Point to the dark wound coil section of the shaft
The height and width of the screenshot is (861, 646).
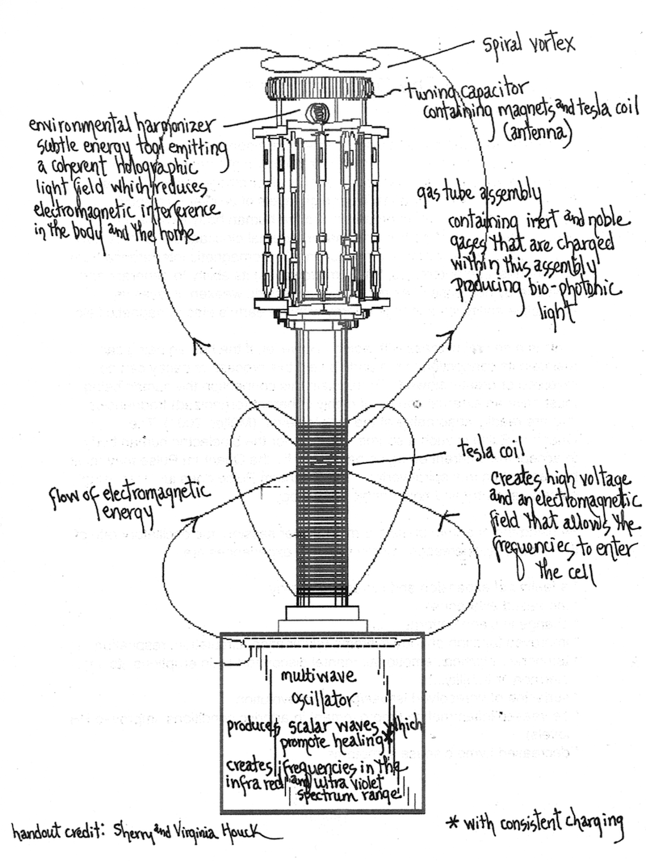pos(322,517)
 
